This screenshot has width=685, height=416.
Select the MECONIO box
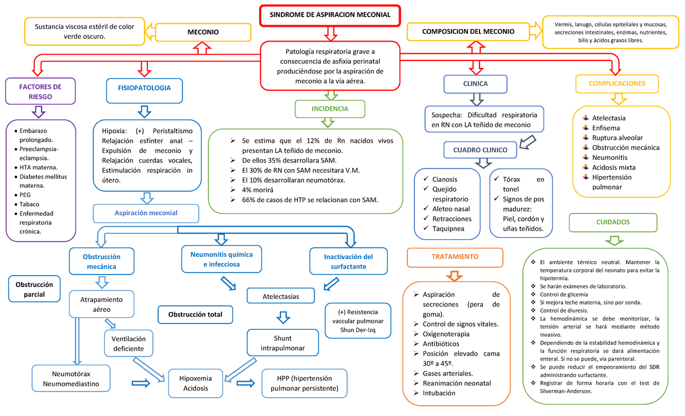coord(203,33)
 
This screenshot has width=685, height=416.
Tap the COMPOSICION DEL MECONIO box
coord(468,32)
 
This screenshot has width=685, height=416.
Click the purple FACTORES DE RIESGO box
coord(40,91)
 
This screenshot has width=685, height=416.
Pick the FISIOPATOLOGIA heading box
coord(143,88)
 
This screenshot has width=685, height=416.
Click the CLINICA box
coord(475,84)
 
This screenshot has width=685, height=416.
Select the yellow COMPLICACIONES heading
coord(618,83)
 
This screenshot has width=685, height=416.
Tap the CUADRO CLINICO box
coord(480,150)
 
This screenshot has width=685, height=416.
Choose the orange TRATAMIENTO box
coord(455,257)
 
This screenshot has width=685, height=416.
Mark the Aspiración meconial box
coord(146,213)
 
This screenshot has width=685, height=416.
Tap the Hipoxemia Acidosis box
coord(195,383)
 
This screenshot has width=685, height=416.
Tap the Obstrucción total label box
coord(195,314)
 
